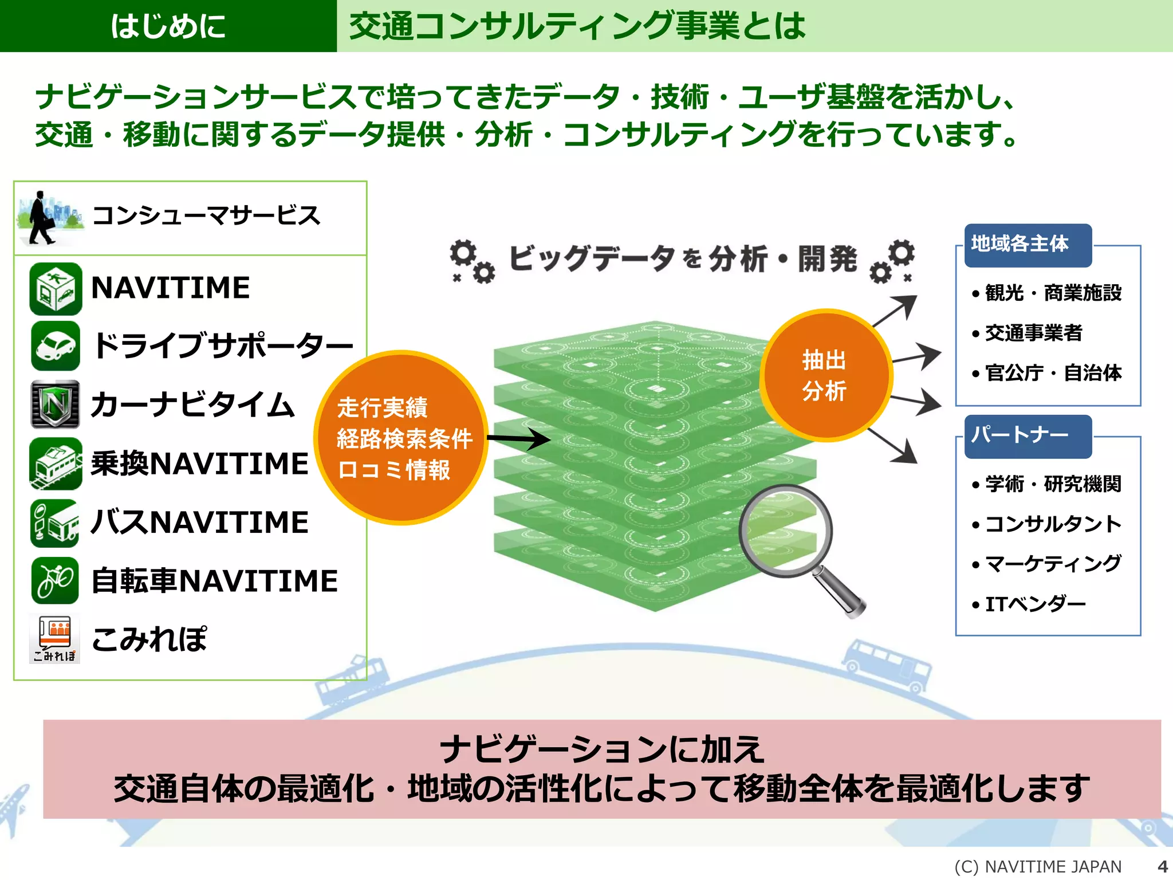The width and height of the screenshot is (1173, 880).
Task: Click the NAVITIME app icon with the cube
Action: (x=56, y=289)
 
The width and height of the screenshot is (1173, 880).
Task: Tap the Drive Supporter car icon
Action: (x=56, y=346)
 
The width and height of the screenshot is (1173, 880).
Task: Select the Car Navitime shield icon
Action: (x=56, y=404)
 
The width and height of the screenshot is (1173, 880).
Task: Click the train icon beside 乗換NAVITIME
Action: (x=56, y=463)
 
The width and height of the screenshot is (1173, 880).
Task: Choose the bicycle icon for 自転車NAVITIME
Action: (x=56, y=580)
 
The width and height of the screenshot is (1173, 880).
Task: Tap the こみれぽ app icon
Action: (x=55, y=639)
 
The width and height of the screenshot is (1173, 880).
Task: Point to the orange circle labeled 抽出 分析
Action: (x=825, y=375)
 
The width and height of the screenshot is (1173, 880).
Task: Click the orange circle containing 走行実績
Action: (x=402, y=438)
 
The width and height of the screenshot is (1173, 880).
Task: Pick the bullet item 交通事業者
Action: (x=1033, y=333)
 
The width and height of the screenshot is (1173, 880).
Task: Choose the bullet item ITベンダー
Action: (x=1034, y=604)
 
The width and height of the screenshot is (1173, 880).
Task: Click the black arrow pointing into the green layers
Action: (x=518, y=439)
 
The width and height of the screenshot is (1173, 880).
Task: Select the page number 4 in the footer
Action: (x=1162, y=866)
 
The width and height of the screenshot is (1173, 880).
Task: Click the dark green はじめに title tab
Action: (x=168, y=26)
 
